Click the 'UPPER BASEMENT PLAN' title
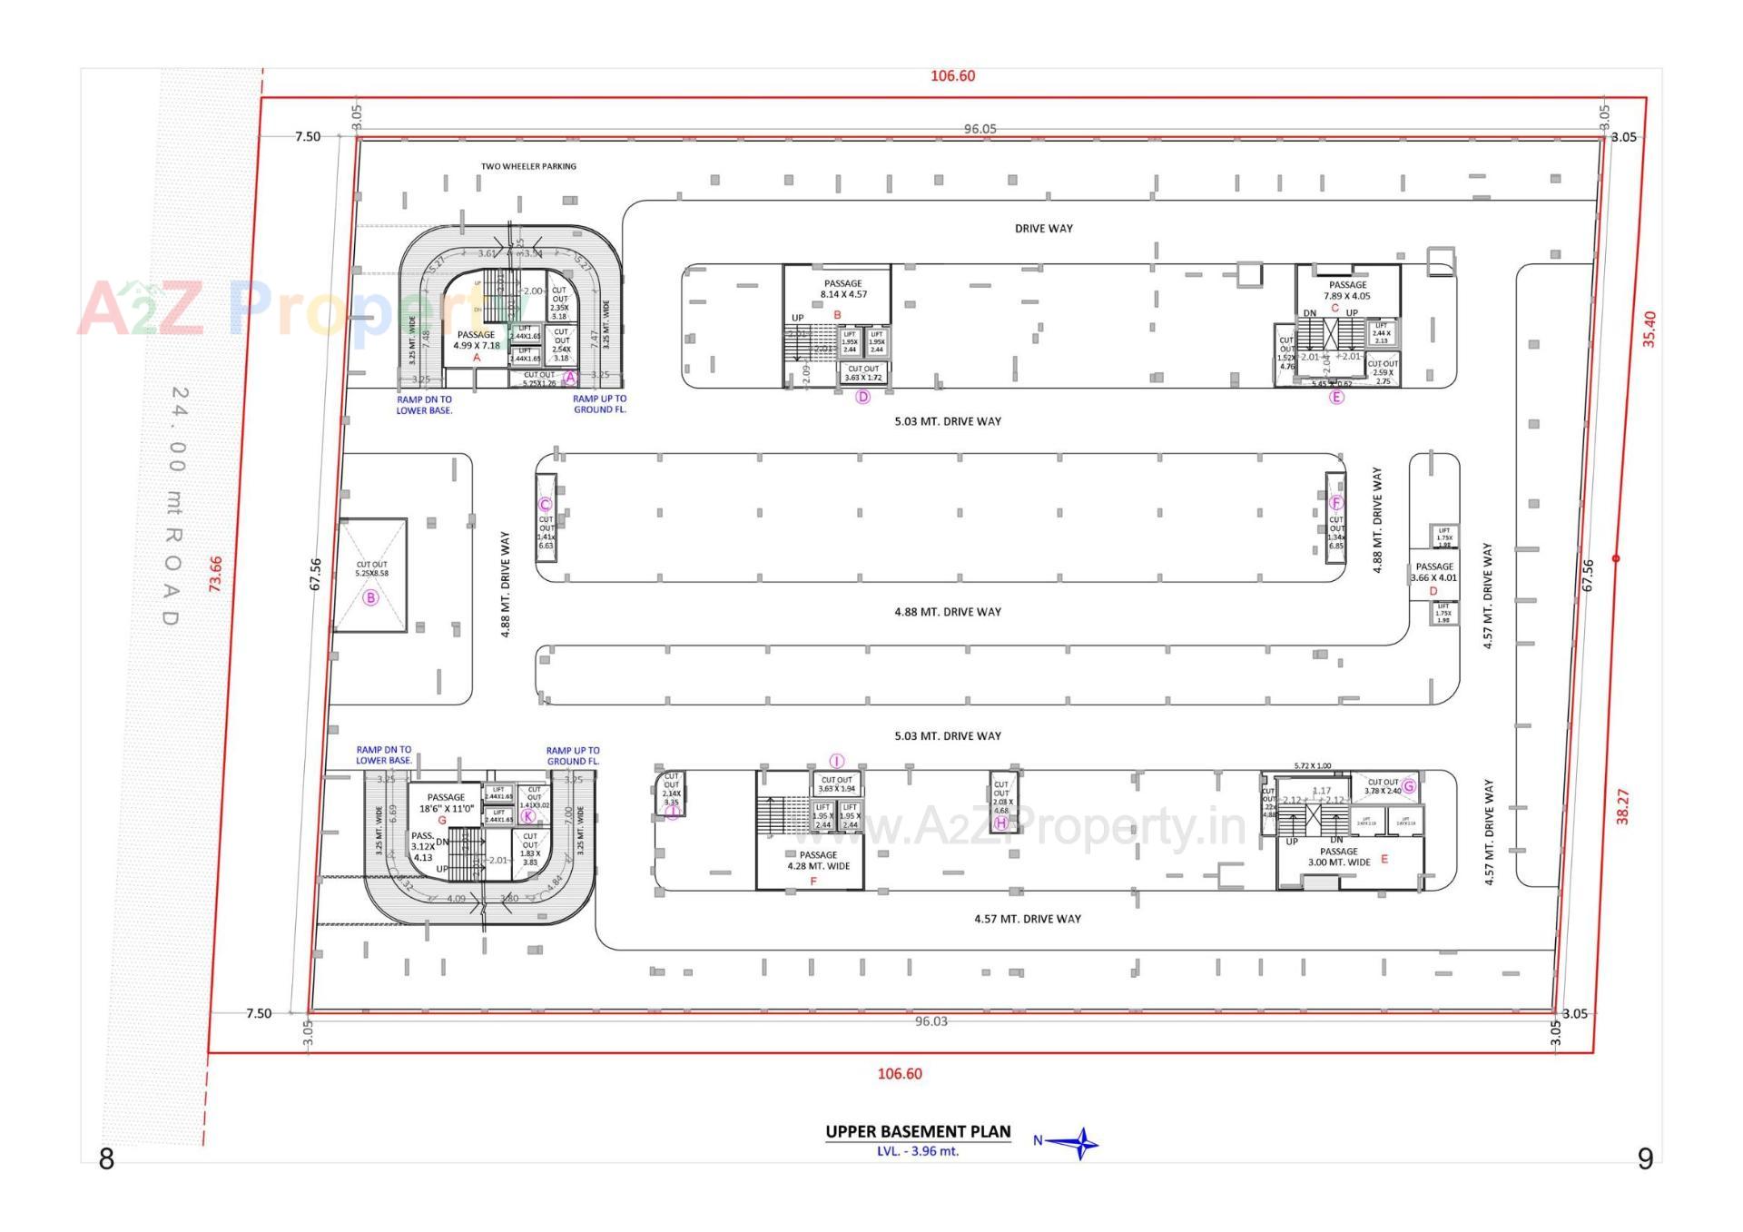(x=917, y=1131)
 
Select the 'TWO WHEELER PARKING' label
(x=528, y=166)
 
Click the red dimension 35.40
(x=1649, y=329)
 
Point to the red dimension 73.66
(x=215, y=574)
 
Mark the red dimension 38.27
(x=1623, y=806)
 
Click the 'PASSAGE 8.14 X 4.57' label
(x=843, y=289)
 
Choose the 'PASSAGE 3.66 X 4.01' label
(x=1434, y=572)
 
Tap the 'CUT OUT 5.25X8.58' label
(x=371, y=569)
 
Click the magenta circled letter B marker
(x=370, y=597)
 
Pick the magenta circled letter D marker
(x=863, y=397)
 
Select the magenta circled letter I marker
(x=837, y=761)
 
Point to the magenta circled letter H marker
(x=1001, y=823)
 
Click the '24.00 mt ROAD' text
(x=175, y=506)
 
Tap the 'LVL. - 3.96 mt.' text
(x=917, y=1151)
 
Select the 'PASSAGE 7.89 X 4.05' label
(x=1347, y=291)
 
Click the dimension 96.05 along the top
(x=980, y=129)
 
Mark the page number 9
(x=1645, y=1158)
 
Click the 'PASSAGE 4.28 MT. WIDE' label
(x=818, y=861)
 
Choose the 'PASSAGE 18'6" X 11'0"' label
(x=446, y=803)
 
